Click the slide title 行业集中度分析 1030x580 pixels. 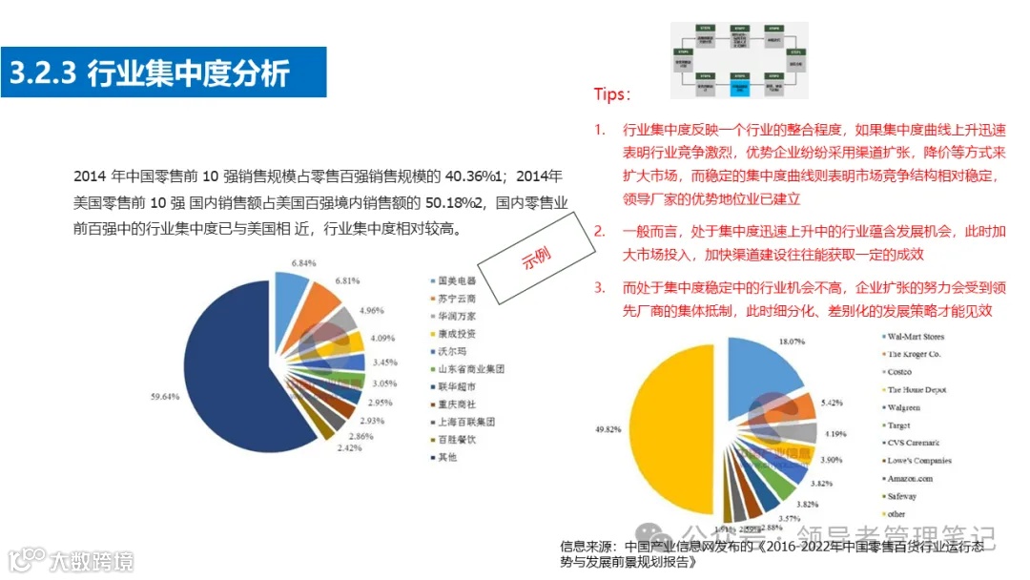tap(188, 73)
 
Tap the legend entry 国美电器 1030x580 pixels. tap(456, 281)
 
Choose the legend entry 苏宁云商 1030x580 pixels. tap(456, 299)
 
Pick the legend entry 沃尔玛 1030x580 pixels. tap(450, 351)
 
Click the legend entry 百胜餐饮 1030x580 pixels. tap(456, 439)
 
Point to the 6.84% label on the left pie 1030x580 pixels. tap(303, 262)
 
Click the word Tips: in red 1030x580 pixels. tap(611, 94)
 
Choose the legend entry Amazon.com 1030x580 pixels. tap(910, 478)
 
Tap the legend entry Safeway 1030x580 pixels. tap(902, 496)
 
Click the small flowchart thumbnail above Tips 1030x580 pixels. tap(739, 61)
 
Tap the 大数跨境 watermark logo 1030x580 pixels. tap(72, 560)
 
